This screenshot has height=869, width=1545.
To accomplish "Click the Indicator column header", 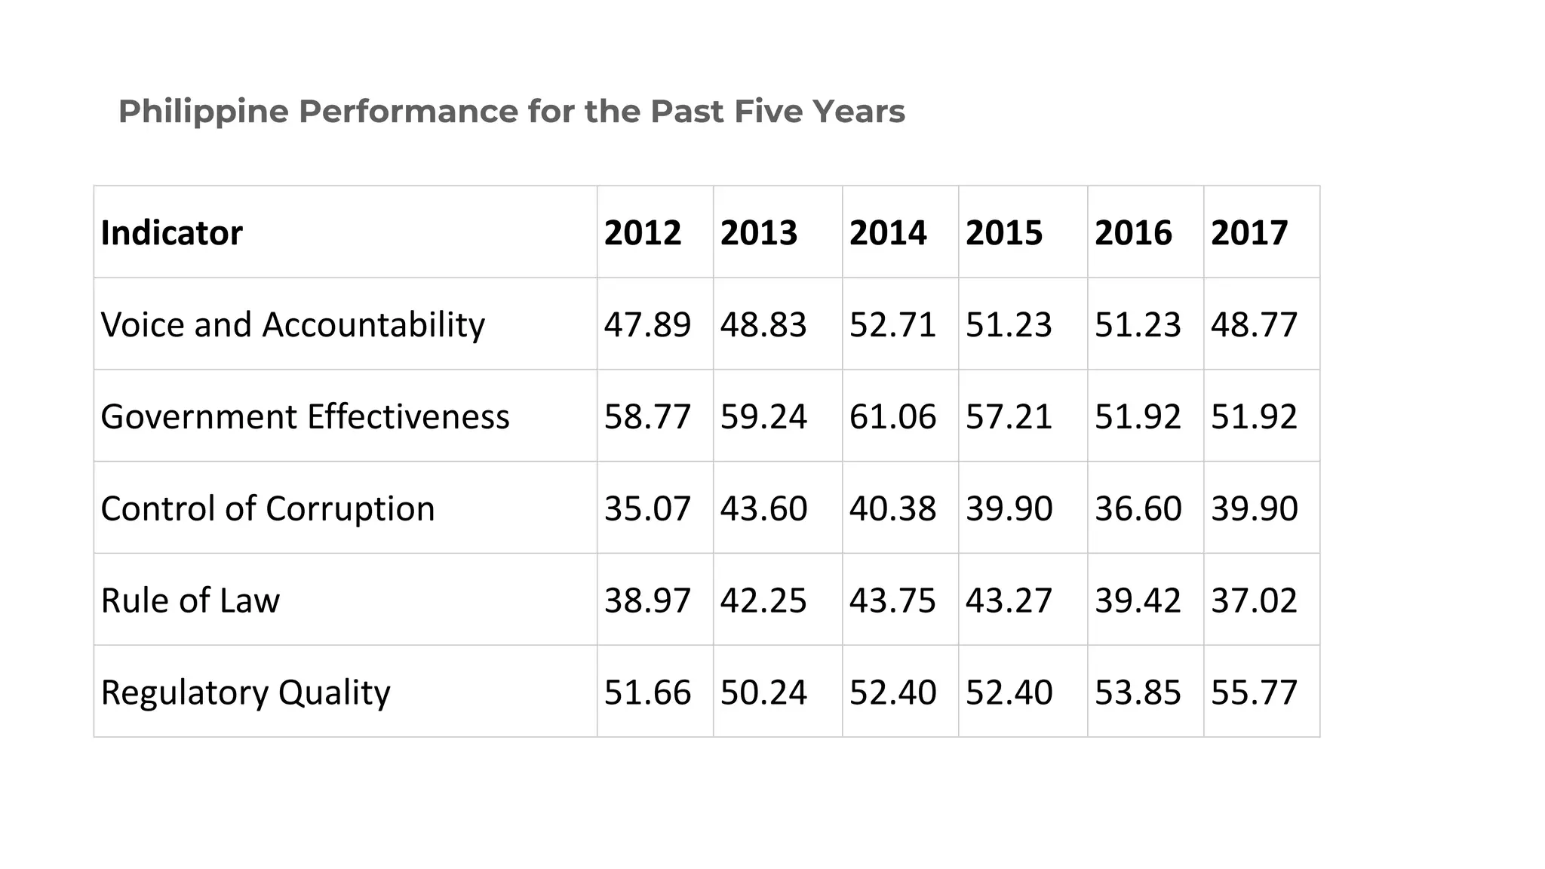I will click(x=171, y=232).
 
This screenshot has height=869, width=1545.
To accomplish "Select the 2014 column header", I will click(x=888, y=232).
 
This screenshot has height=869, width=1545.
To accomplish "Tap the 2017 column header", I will click(x=1249, y=232).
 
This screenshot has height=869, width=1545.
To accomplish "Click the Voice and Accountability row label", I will click(x=293, y=325).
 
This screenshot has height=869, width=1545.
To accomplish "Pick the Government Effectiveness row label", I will click(x=305, y=416).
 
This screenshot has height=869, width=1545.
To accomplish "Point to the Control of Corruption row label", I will click(x=268, y=508).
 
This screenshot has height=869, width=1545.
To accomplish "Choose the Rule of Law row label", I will click(x=190, y=600).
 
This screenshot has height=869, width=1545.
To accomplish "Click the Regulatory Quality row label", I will click(x=245, y=692).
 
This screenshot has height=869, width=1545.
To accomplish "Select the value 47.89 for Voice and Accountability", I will click(x=647, y=325).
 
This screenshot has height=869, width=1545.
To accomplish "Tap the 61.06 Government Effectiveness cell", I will click(x=892, y=416).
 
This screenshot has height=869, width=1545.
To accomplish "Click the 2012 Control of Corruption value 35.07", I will click(x=647, y=508).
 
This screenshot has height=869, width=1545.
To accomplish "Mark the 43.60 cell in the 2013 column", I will click(x=763, y=508).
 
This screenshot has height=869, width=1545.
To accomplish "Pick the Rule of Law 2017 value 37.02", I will click(x=1254, y=600).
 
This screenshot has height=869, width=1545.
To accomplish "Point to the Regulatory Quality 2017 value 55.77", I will click(x=1254, y=692).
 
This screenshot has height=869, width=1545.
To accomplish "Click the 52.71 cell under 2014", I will click(x=892, y=325).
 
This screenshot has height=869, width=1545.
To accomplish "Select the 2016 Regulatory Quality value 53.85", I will click(x=1138, y=692).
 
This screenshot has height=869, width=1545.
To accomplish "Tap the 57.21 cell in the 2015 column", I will click(x=1009, y=416).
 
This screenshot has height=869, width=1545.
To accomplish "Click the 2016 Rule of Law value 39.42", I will click(x=1138, y=600).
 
